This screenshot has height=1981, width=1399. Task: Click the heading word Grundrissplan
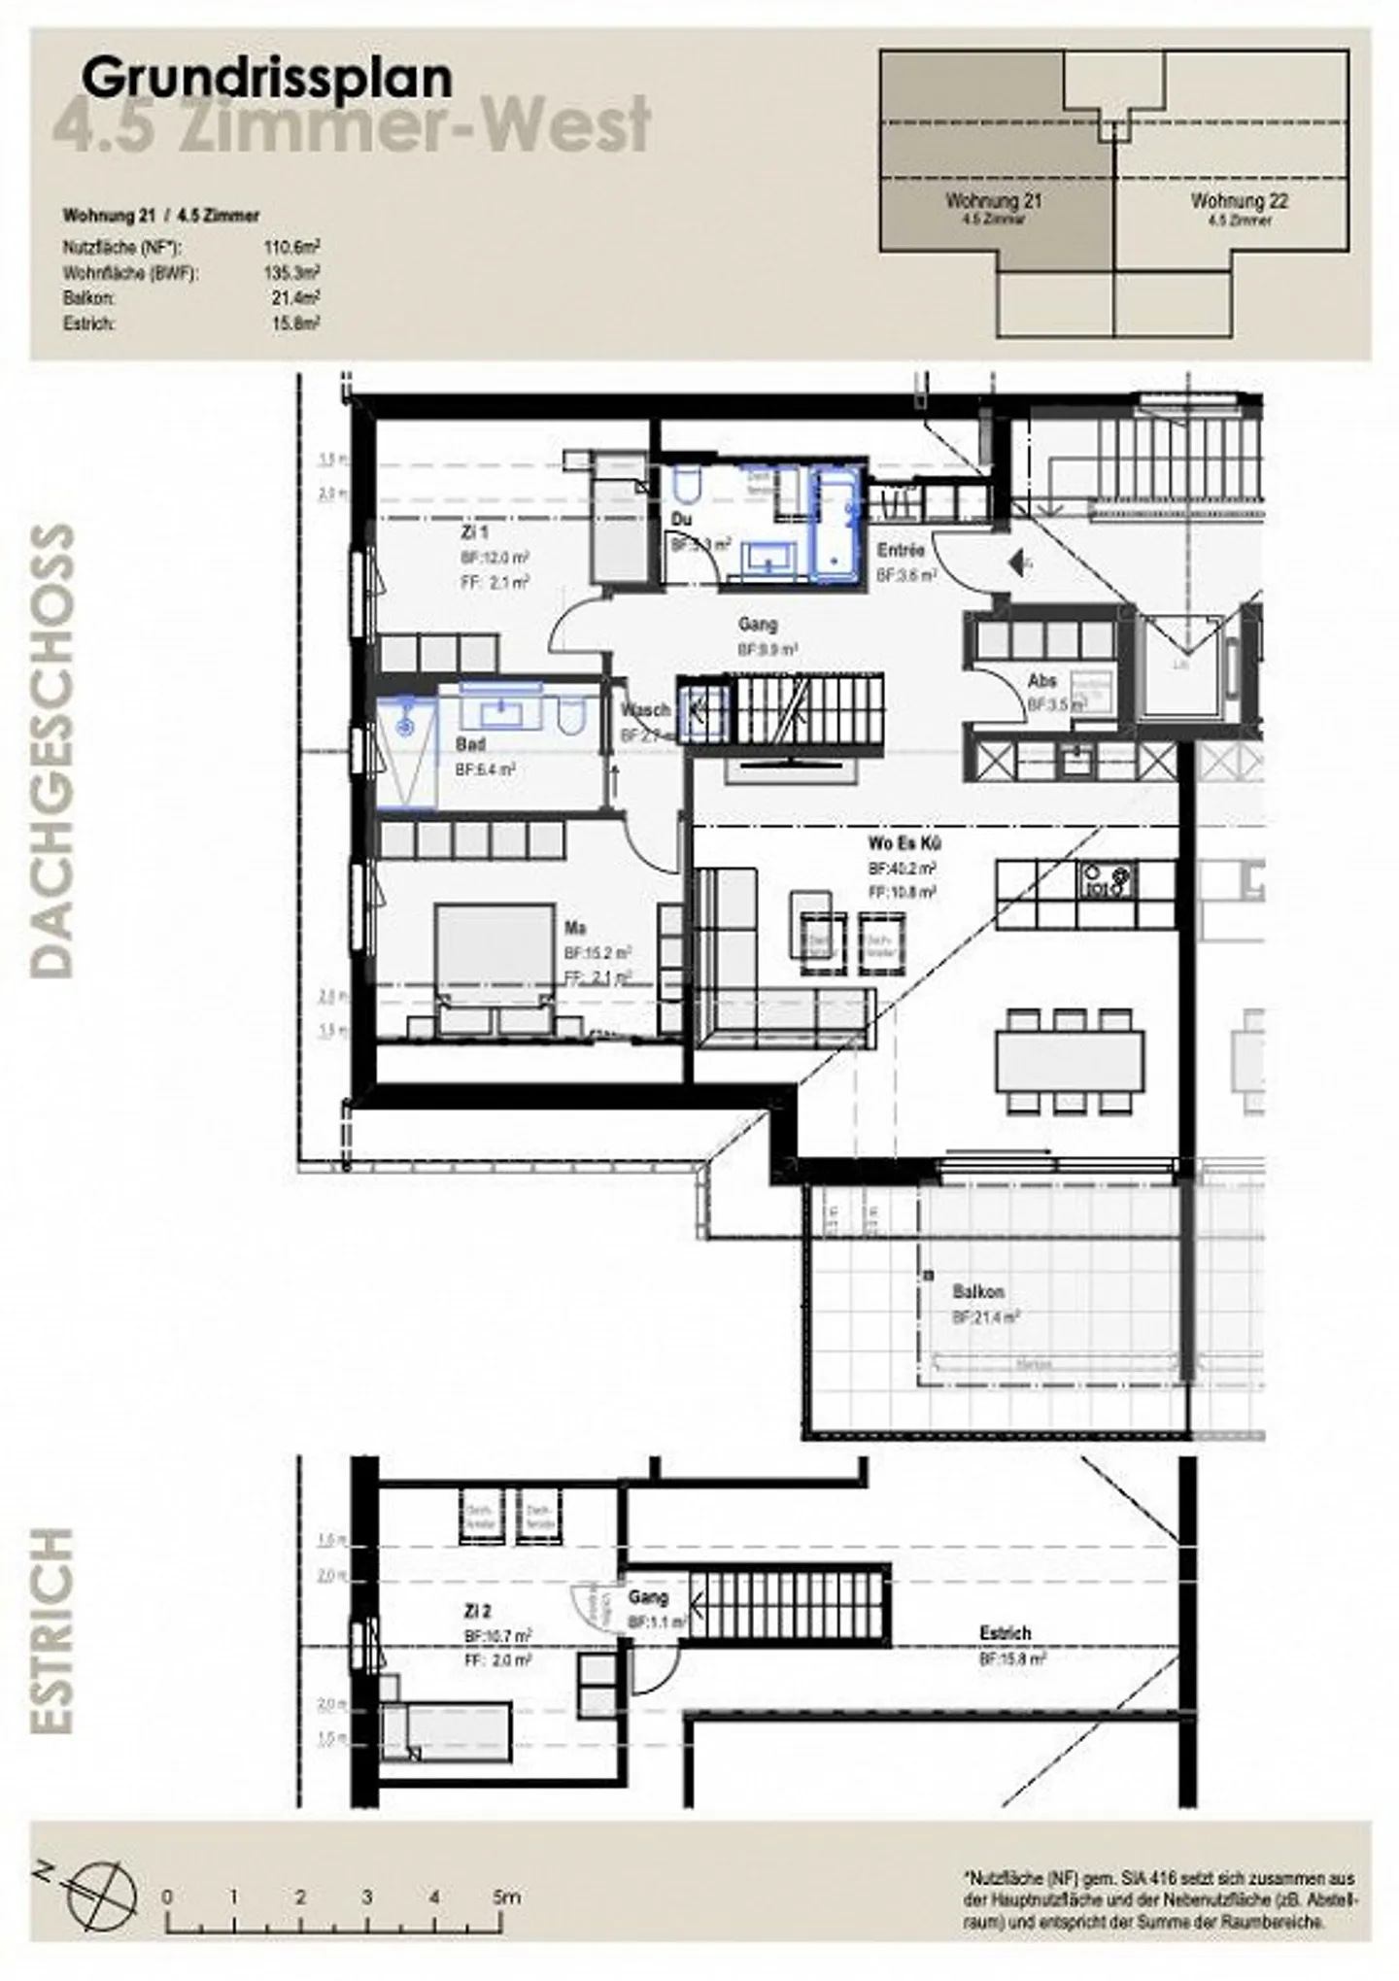(267, 79)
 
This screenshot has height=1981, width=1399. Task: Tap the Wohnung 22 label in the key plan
(1239, 202)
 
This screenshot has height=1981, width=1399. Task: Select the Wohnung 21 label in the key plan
(993, 202)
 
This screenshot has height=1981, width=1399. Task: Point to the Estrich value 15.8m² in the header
(295, 324)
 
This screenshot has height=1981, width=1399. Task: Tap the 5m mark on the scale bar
(504, 1896)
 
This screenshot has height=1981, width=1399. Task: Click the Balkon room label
(977, 1292)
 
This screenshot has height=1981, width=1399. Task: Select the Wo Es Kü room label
(904, 843)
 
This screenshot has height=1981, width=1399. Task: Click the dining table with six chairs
(1069, 1061)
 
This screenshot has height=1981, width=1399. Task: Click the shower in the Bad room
(407, 751)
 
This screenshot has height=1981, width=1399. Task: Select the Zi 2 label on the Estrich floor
(477, 1612)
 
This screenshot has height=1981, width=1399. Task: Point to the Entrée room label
(900, 551)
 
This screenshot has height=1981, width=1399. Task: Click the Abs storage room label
(1041, 681)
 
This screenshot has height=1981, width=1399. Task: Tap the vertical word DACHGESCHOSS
(52, 750)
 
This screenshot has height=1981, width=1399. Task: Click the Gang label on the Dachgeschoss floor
(757, 625)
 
